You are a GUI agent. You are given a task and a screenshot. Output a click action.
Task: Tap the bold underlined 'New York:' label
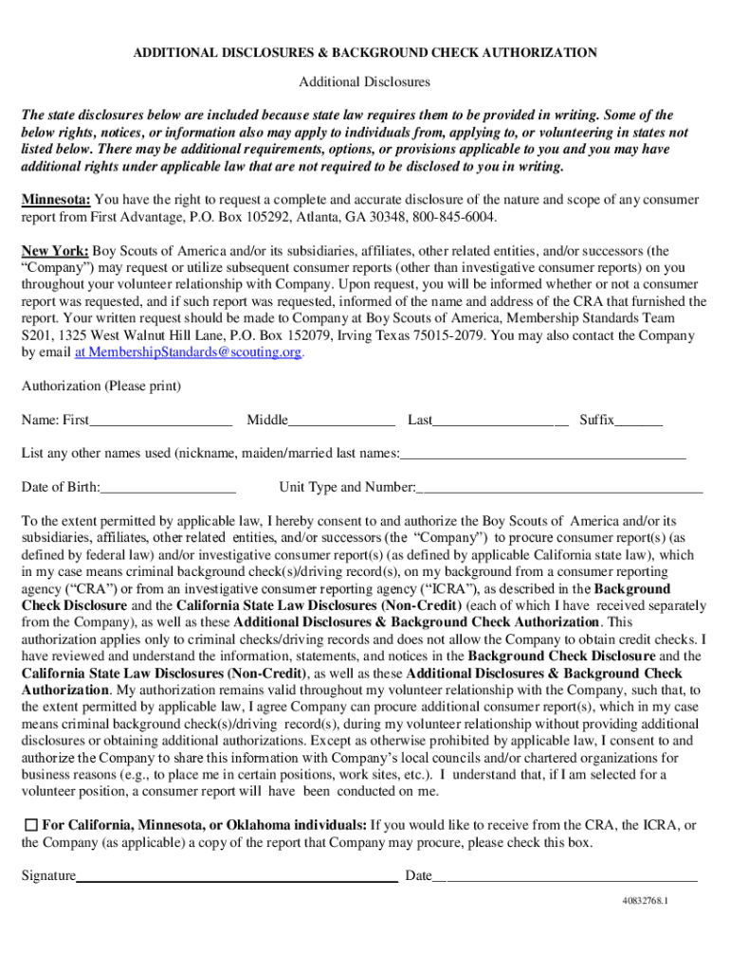(55, 251)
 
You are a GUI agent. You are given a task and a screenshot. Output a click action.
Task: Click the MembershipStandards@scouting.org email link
(189, 352)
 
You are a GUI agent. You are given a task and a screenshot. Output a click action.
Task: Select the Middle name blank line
(341, 422)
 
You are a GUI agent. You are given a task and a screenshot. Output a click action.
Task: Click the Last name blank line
(501, 422)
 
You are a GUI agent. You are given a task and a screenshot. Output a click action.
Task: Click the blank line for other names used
(542, 456)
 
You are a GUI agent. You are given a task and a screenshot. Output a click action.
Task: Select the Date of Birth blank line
(168, 490)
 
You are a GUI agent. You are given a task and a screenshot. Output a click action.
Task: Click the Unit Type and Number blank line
(559, 490)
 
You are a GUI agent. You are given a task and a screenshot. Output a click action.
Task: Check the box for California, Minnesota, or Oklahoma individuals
(30, 826)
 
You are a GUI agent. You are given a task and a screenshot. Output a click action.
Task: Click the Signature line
(236, 878)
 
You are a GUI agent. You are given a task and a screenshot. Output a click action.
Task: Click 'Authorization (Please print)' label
(100, 386)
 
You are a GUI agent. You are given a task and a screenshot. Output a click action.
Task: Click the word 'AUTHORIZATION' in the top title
(538, 53)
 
